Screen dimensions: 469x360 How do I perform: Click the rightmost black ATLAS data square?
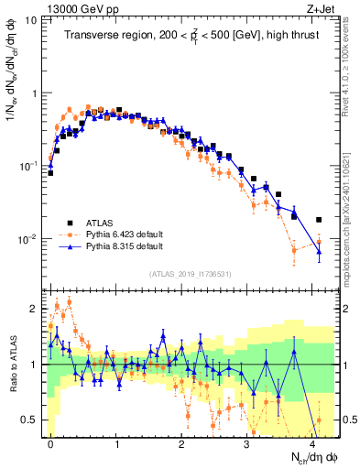pyautogui.click(x=319, y=220)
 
